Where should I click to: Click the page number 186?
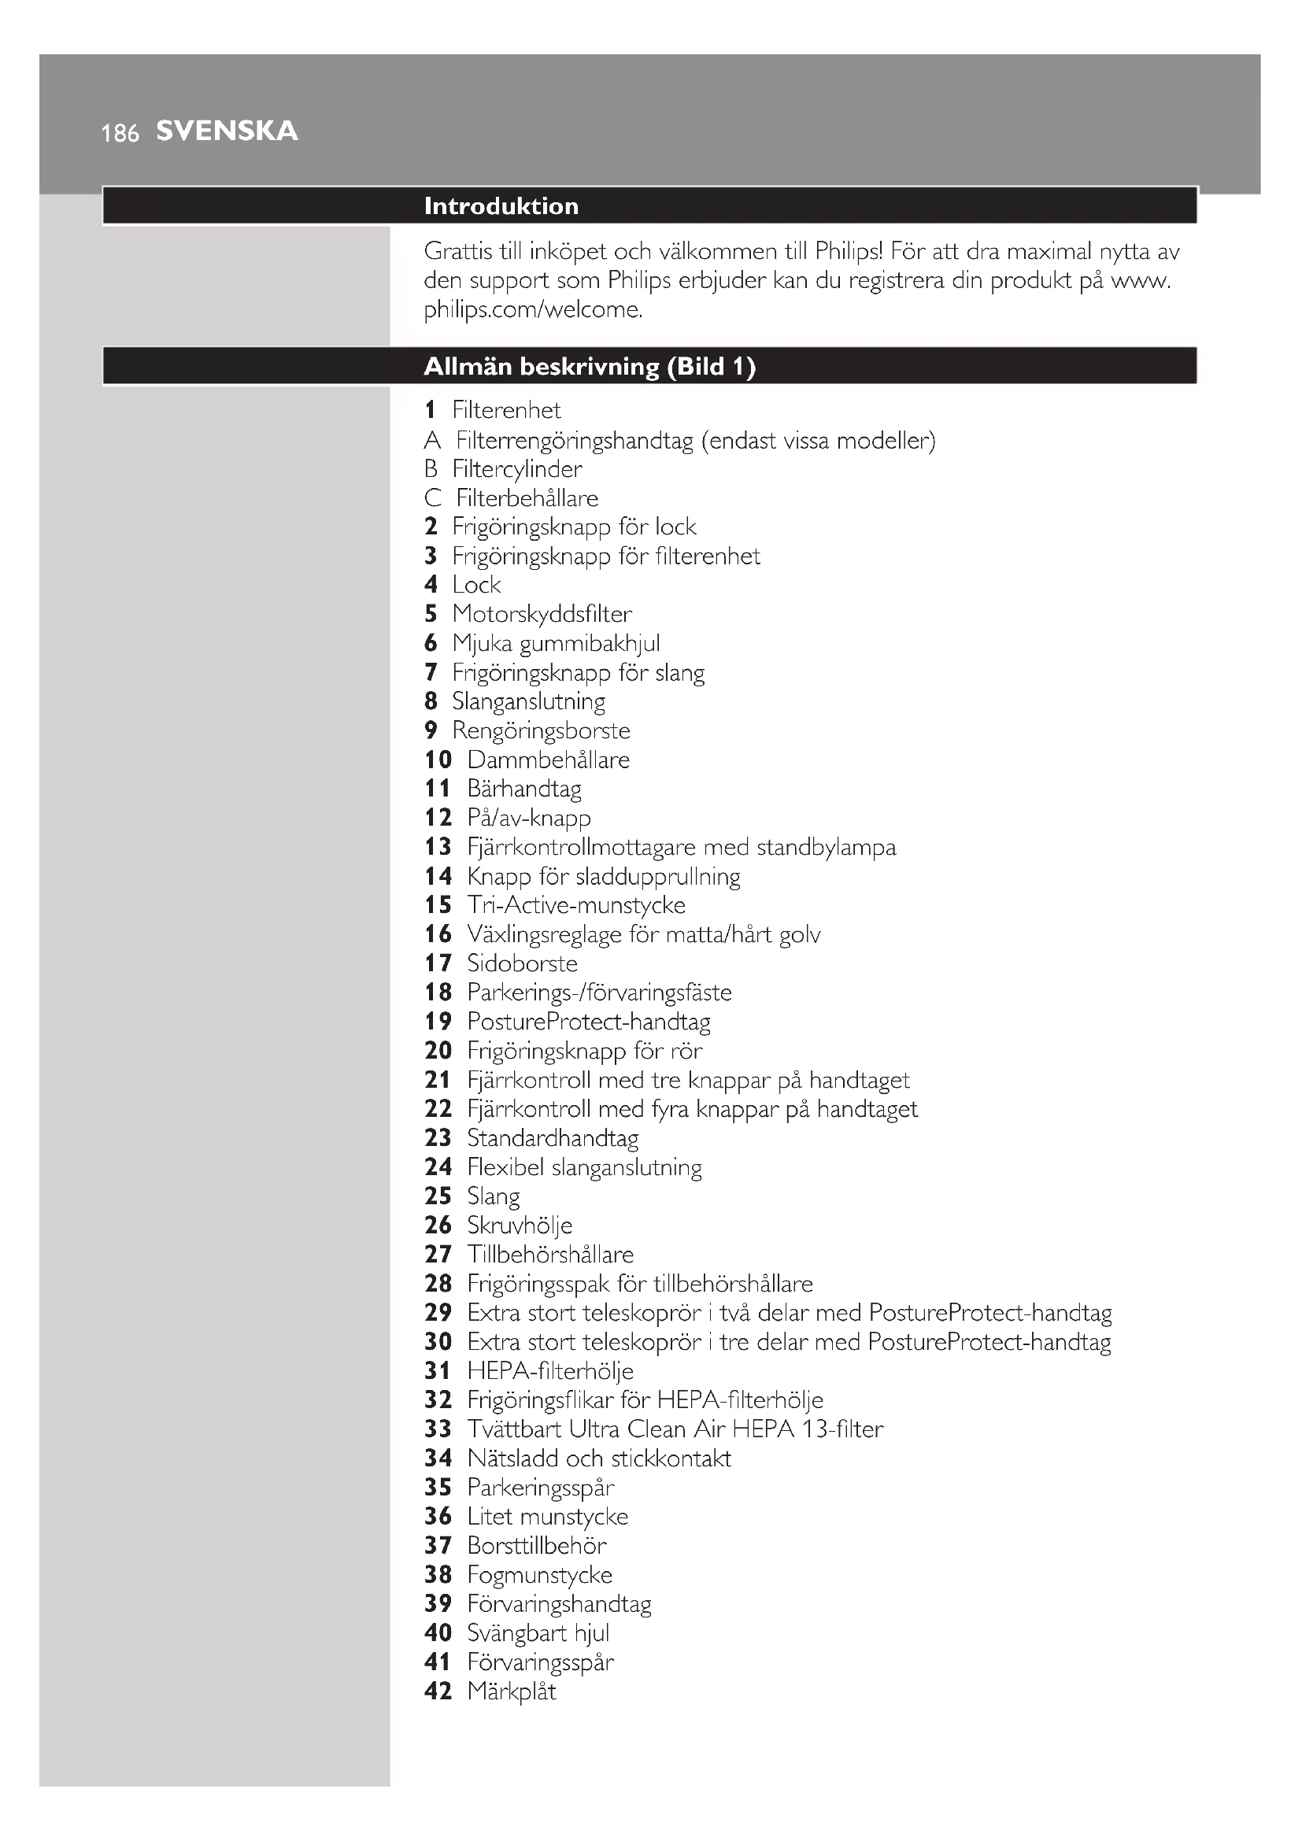point(120,133)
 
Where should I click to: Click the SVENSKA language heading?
point(227,131)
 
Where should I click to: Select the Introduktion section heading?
point(501,206)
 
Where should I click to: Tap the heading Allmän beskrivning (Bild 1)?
point(590,367)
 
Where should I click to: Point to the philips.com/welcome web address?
point(533,309)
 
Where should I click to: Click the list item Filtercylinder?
point(517,469)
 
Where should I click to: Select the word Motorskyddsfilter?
point(542,614)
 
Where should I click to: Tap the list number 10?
point(438,760)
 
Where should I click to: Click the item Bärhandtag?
point(524,789)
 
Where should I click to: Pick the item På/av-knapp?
point(529,818)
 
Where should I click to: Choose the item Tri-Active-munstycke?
point(576,905)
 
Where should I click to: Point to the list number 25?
point(438,1196)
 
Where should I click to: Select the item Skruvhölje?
point(520,1225)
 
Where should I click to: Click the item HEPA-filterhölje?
point(551,1371)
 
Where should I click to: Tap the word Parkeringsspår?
point(541,1488)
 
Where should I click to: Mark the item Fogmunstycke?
point(539,1575)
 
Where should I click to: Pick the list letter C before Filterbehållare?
point(433,498)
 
